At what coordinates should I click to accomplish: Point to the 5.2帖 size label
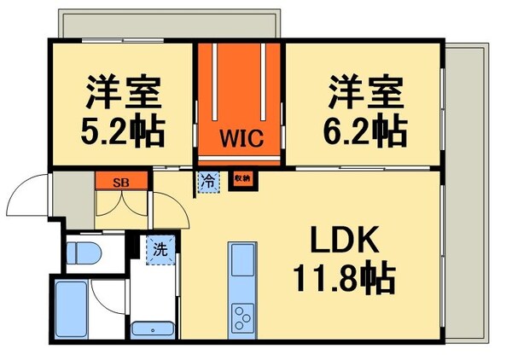coord(123,130)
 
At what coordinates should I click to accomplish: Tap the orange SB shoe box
coord(121,180)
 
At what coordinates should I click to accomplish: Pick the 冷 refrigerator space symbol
coord(207,180)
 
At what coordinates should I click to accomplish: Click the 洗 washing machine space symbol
coord(159,250)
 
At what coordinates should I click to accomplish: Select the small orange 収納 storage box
coord(241,179)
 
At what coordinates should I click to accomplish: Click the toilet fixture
coord(84,253)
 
